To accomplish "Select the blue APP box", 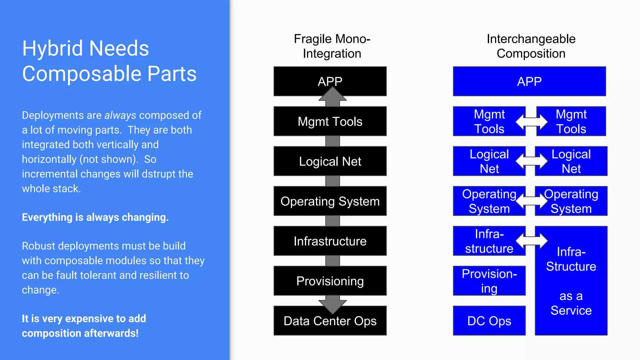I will [529, 81].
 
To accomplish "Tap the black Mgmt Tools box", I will [330, 121].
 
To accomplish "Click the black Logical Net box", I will [330, 161].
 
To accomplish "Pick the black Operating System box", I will [330, 201].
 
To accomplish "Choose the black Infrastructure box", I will [330, 241].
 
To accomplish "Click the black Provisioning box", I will [330, 281].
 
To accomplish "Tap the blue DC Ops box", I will [489, 321].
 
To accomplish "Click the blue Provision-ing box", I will [489, 281].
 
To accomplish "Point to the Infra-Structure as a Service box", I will [571, 281].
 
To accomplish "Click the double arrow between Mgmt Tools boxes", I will [531, 122].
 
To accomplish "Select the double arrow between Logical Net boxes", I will [531, 161].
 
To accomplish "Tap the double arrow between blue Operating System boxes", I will [531, 201].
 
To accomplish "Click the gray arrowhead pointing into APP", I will [332, 95].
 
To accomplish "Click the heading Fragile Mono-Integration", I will [332, 46].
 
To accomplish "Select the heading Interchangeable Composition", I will [531, 46].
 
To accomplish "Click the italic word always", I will [120, 115].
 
